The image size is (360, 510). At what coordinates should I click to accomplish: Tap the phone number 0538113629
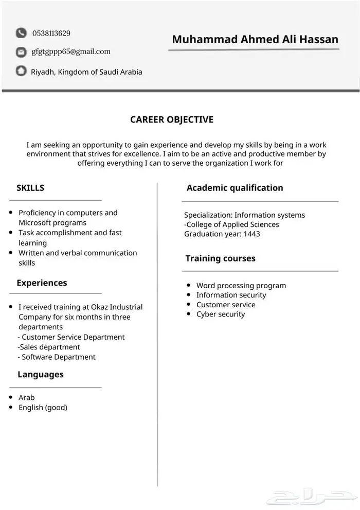coord(51,33)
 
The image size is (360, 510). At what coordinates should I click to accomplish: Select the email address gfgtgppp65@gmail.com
coord(71,51)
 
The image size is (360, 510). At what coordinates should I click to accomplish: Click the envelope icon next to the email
coord(21,52)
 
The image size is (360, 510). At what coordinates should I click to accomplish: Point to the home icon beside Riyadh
coord(21,71)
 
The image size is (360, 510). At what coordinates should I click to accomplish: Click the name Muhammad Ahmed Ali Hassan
coord(255,40)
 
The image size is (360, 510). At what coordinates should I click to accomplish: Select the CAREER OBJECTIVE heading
coord(172,120)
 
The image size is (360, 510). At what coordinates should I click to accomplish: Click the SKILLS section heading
coord(30,188)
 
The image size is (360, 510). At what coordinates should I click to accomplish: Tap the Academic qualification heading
coord(235,188)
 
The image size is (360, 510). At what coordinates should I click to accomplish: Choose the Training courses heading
coord(220,258)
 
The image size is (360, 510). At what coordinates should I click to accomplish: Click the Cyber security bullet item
coord(221,314)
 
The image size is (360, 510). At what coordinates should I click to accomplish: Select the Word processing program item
coord(241,286)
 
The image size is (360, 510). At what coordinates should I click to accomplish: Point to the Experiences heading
coord(42,283)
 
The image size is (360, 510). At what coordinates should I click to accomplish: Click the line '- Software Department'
coord(57,357)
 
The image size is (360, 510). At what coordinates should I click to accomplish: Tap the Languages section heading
coord(41,375)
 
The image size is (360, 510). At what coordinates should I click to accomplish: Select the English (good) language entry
coord(43,408)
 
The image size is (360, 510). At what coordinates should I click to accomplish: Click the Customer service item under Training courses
coord(225,305)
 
